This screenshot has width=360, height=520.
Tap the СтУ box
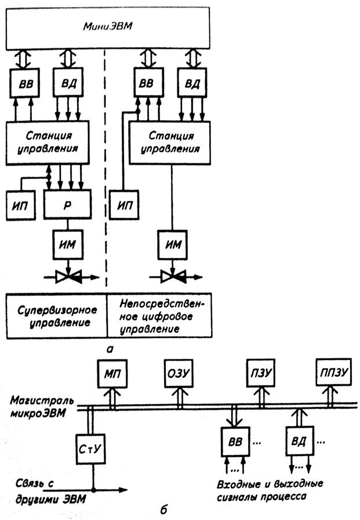pyautogui.click(x=91, y=448)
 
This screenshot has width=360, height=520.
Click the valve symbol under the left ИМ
pyautogui.click(x=68, y=278)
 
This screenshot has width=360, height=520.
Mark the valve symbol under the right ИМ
pyautogui.click(x=172, y=278)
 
